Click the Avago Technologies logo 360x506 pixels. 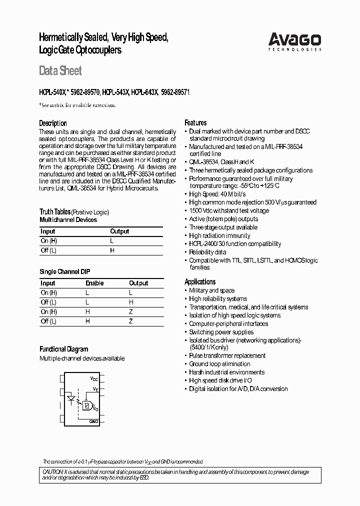point(294,42)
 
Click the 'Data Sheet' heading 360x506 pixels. point(60,71)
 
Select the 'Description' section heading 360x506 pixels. point(53,123)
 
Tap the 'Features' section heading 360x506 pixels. point(195,122)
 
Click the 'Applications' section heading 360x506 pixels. point(200,281)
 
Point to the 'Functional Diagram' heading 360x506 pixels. point(63,349)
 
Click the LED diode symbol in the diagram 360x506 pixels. point(71,399)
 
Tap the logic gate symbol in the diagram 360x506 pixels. point(86,406)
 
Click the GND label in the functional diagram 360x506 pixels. point(93,422)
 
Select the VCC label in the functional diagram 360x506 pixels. point(94,378)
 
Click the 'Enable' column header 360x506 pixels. point(94,283)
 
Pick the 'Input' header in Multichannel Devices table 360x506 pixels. point(48,231)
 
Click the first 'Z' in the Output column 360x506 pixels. point(131,311)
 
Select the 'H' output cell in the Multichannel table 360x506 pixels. point(112,250)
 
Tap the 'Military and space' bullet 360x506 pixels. point(211,290)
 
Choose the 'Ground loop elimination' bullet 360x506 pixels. point(219,364)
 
